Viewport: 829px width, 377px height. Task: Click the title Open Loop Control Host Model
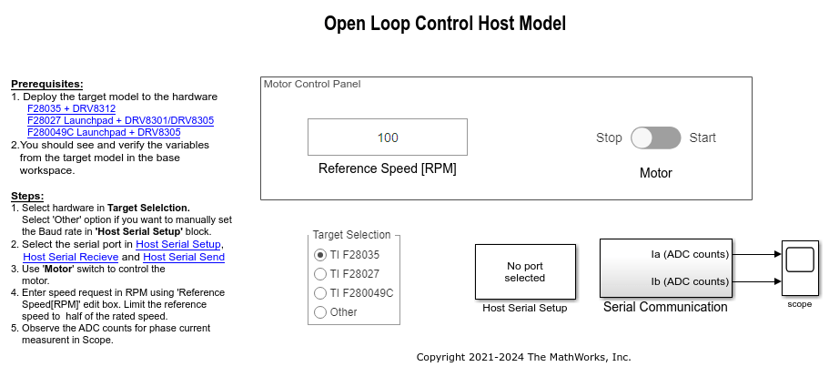point(444,24)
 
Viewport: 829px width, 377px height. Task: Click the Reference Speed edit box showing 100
point(388,138)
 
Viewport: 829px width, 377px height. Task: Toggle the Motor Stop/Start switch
point(655,138)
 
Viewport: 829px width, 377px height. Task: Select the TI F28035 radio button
point(319,255)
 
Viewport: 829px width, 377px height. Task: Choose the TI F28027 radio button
point(319,274)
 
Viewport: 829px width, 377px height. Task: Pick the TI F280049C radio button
point(319,293)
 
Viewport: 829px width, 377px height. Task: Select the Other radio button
point(319,312)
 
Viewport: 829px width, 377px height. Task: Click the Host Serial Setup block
point(524,271)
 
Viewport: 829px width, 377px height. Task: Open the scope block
point(798,268)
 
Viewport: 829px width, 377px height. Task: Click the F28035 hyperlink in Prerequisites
point(44,108)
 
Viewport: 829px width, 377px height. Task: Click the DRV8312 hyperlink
point(94,108)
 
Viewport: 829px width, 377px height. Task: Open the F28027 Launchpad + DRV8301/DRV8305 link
point(120,120)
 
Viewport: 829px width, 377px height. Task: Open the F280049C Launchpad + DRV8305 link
point(104,132)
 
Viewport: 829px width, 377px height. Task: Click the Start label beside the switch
point(703,138)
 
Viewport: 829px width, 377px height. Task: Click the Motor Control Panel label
point(312,84)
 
